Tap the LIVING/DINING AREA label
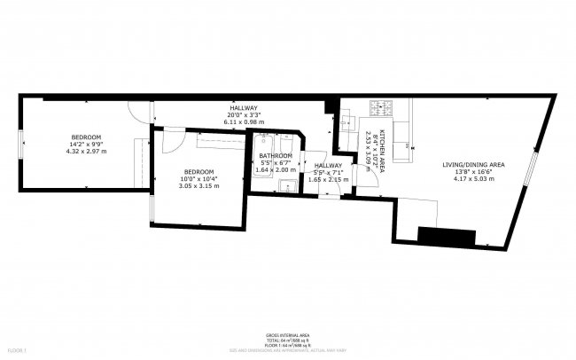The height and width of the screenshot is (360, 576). click(472, 165)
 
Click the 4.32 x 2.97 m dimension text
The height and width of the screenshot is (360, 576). click(86, 151)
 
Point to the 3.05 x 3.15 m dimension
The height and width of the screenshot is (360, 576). click(198, 185)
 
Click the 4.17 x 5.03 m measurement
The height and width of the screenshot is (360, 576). click(472, 179)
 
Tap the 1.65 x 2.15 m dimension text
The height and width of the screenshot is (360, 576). click(328, 179)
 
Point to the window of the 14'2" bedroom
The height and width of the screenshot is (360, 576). click(22, 144)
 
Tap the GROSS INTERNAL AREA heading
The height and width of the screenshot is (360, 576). click(287, 336)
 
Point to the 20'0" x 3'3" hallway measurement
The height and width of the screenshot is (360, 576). click(243, 114)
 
